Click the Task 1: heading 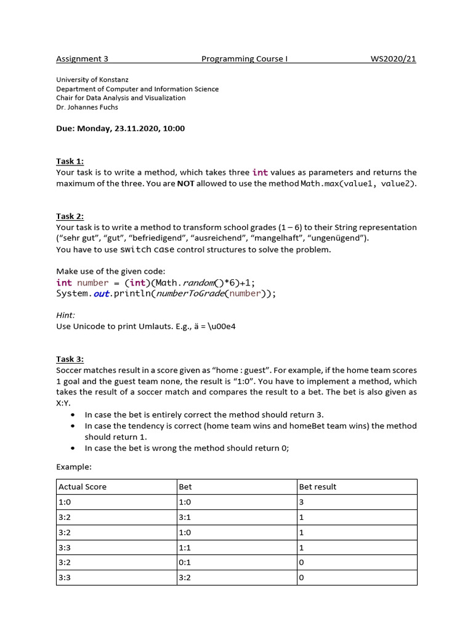[x=70, y=162]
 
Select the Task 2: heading [x=70, y=217]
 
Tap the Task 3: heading [x=70, y=359]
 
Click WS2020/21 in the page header [x=393, y=59]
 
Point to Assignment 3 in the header [x=82, y=59]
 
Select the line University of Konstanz [x=92, y=80]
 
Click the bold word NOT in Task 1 [x=185, y=184]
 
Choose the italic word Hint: [x=65, y=314]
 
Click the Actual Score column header [x=83, y=487]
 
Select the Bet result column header [x=318, y=487]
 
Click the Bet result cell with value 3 [x=302, y=502]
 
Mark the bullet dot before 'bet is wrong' [x=73, y=449]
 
